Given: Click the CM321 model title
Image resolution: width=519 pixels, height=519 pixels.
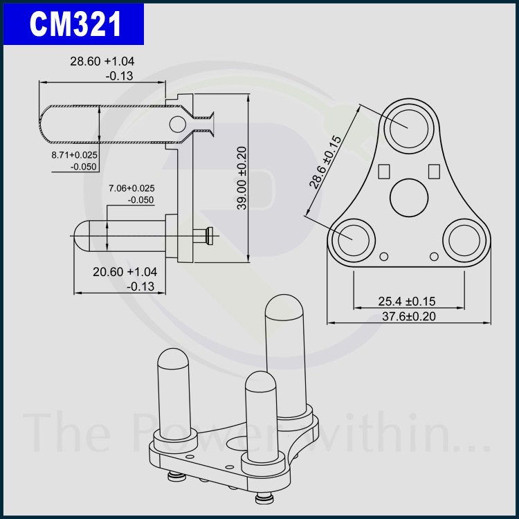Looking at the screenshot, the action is pos(75,24).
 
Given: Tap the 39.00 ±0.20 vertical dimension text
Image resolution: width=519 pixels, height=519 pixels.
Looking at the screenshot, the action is pos(242,178).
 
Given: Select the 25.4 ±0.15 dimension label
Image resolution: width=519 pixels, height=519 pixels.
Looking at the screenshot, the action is pos(407,301).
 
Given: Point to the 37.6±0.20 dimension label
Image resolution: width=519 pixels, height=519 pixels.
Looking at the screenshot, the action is pos(409,316).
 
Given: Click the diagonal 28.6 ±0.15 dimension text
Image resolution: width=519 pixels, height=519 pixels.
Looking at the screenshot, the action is pos(325,162).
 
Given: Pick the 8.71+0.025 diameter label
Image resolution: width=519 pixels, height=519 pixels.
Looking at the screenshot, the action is pos(75,154).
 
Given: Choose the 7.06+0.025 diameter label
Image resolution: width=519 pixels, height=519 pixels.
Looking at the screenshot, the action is pos(131,188).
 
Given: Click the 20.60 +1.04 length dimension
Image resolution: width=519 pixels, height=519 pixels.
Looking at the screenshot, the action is pos(125,272).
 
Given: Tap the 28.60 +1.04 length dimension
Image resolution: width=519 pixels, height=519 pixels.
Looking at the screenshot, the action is pos(102,61).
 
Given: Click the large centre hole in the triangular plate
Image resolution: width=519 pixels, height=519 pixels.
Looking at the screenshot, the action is pos(409,198).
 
